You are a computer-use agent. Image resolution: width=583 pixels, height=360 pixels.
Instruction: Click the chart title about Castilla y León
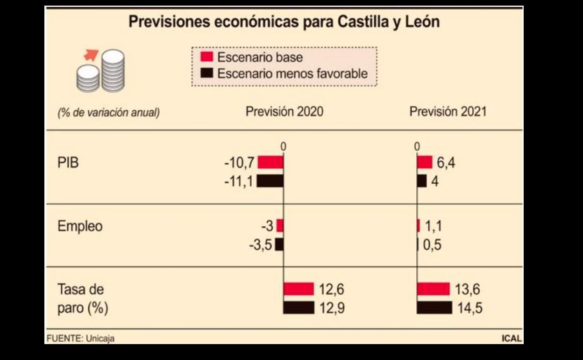(x=284, y=22)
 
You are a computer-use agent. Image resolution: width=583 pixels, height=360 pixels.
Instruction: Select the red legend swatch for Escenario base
(x=207, y=57)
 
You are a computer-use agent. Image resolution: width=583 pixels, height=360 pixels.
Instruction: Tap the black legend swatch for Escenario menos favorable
(x=207, y=73)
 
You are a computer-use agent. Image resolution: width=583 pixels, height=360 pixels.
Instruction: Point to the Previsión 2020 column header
(x=284, y=112)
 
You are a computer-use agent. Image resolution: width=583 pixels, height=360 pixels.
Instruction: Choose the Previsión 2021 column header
(x=448, y=112)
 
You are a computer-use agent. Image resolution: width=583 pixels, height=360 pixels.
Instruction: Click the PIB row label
(x=68, y=163)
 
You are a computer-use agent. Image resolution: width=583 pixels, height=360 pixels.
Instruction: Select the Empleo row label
(x=80, y=226)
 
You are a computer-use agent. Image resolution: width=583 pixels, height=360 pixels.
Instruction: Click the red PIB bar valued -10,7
(x=270, y=162)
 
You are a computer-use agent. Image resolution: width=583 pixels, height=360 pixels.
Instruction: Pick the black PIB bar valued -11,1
(x=270, y=181)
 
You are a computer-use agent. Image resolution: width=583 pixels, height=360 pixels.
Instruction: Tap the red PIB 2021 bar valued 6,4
(x=425, y=162)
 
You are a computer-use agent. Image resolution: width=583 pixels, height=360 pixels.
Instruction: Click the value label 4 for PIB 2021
(x=435, y=181)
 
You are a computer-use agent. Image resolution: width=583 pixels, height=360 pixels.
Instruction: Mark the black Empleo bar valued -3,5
(x=279, y=245)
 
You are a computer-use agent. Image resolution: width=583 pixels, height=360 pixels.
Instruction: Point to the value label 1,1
(x=433, y=226)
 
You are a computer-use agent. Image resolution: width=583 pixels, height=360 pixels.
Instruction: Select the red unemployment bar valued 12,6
(x=299, y=289)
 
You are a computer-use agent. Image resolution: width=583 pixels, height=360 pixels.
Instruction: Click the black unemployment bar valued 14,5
(x=434, y=308)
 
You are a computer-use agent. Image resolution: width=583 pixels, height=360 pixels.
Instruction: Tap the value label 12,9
(x=332, y=308)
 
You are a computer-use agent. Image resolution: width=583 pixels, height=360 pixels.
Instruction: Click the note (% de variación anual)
(x=108, y=113)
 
